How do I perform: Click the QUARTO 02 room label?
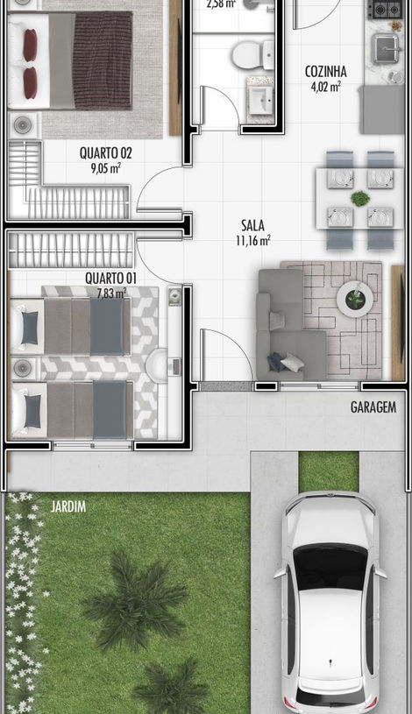(99, 151)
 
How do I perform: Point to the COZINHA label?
(325, 71)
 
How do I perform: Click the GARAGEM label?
(373, 407)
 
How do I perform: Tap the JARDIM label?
(68, 505)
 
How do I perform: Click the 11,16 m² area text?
(252, 239)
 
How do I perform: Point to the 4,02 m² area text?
(325, 86)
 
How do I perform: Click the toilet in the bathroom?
(252, 56)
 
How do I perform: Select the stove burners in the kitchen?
(383, 11)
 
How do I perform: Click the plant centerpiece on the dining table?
(359, 199)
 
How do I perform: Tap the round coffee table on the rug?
(355, 300)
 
